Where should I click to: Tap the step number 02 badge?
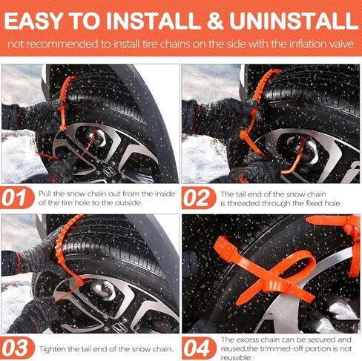[199, 199]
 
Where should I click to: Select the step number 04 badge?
[199, 347]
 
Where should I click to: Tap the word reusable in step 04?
[236, 354]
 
